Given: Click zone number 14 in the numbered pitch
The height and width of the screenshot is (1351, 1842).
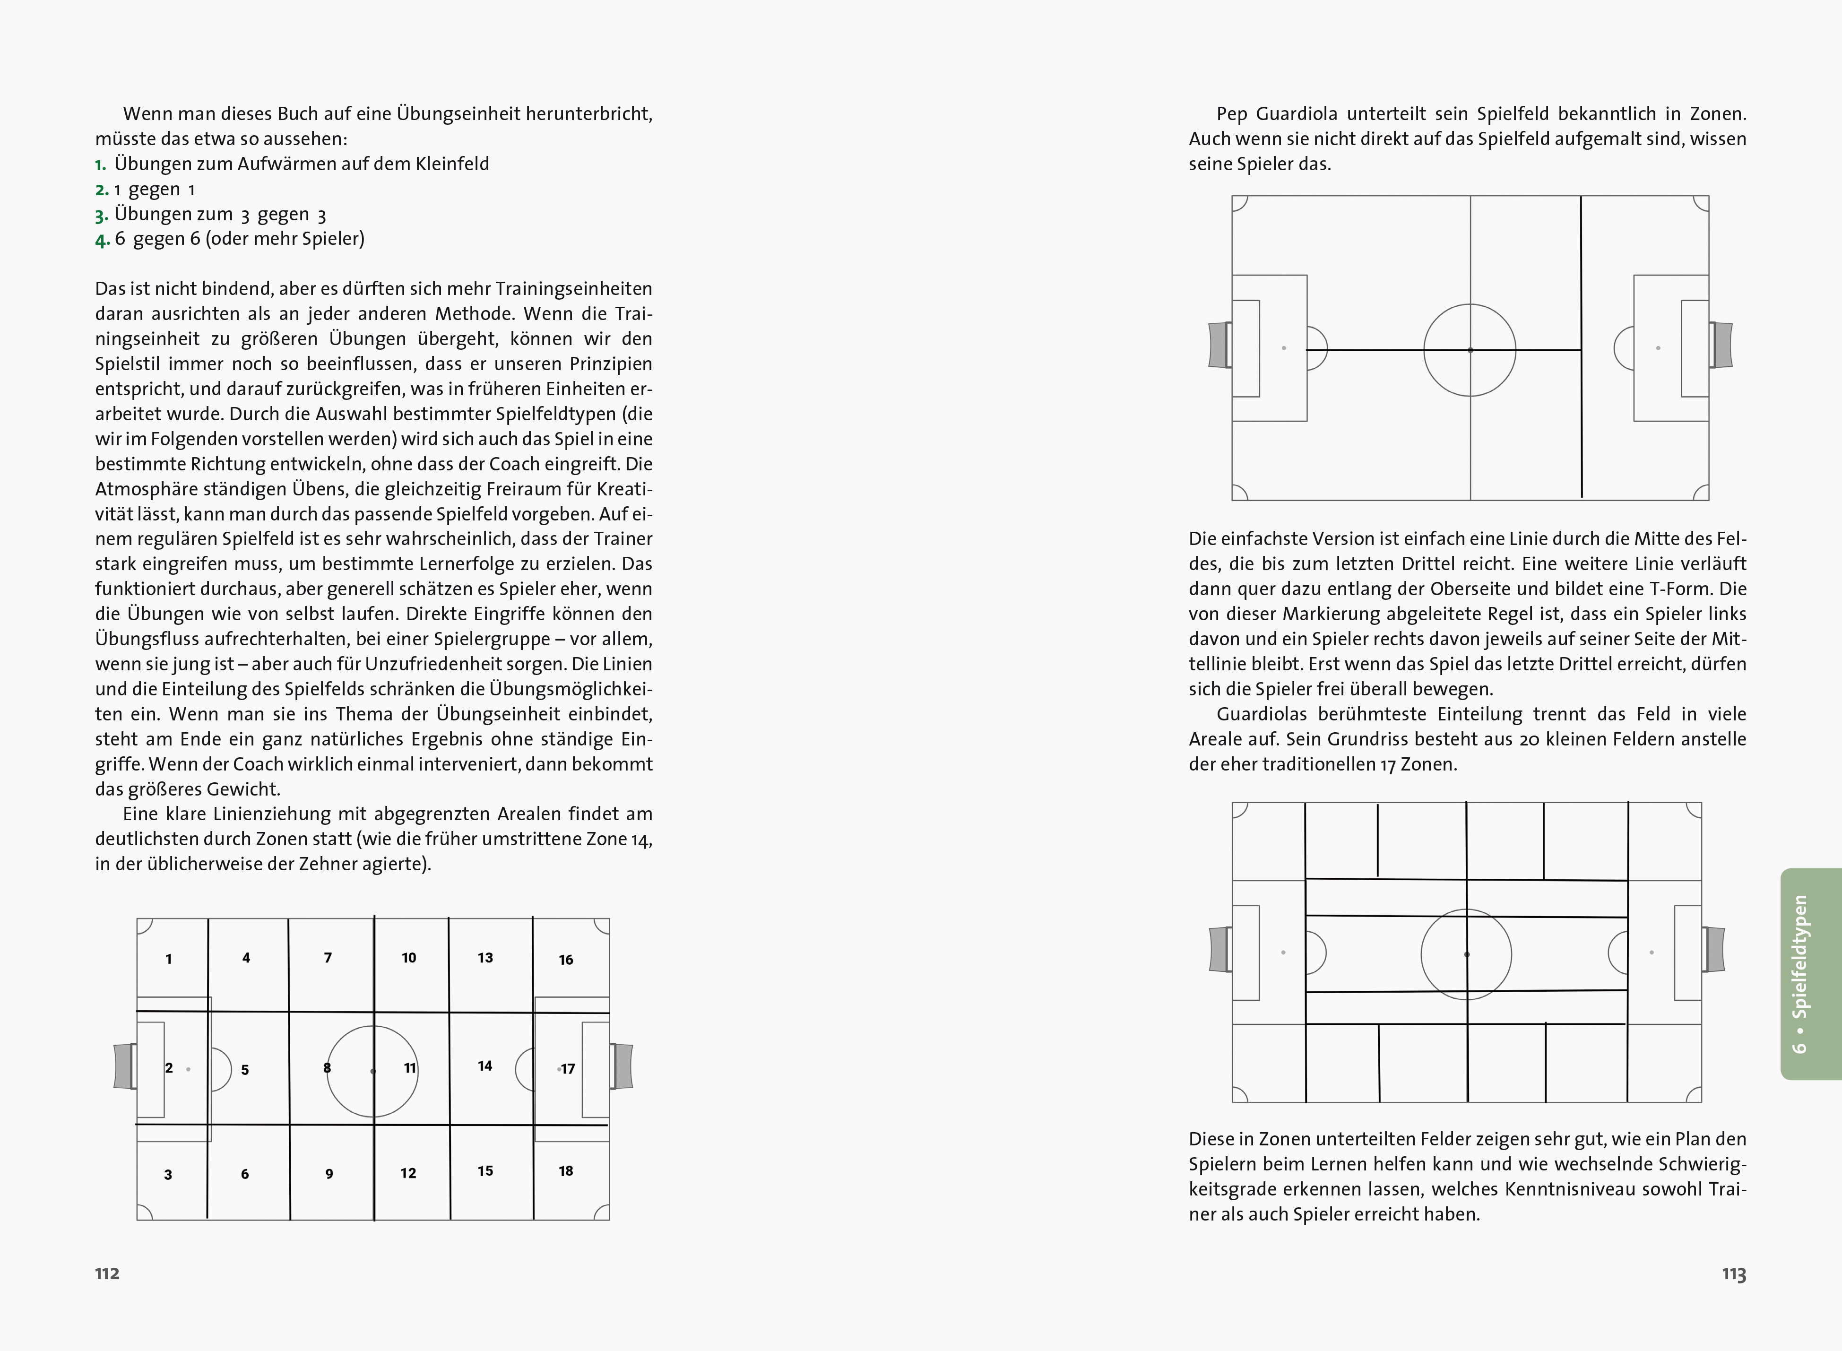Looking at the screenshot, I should click(x=485, y=1065).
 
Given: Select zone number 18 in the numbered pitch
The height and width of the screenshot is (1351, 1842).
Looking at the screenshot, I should click(x=566, y=1171).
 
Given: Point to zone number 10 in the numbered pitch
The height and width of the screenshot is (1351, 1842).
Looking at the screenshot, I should click(x=409, y=958).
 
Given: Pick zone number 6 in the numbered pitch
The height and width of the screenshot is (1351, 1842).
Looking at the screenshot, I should click(x=244, y=1174).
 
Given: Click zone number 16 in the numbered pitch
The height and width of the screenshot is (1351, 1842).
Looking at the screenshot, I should click(x=566, y=959).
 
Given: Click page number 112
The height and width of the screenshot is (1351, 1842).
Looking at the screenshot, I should click(x=107, y=1273).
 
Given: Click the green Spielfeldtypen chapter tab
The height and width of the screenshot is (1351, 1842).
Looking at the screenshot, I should click(x=1810, y=973).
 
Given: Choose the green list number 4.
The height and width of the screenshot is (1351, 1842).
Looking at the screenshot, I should click(x=101, y=240).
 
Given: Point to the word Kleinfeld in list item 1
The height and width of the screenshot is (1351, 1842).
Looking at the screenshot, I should click(x=452, y=164).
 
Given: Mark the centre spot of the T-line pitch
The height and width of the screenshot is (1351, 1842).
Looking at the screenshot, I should click(x=1470, y=350).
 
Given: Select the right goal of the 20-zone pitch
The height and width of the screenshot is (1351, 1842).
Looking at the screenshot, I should click(x=1713, y=950).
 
